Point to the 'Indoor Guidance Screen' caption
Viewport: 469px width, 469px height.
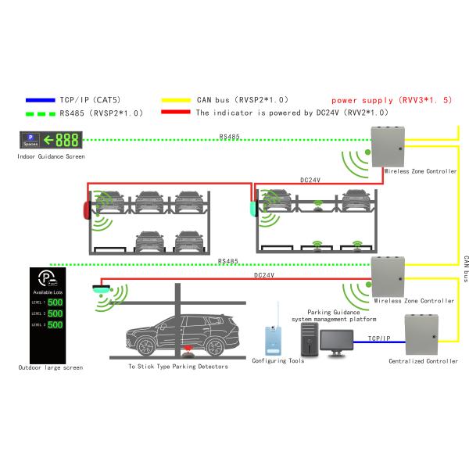tap(51, 156)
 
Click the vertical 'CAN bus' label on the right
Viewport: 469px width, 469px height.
tap(465, 268)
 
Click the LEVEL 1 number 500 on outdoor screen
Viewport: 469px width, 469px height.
tap(55, 303)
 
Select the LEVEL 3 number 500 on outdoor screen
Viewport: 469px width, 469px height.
tap(55, 324)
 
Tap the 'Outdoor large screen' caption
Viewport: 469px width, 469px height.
tap(51, 367)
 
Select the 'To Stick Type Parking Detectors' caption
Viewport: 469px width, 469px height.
tap(178, 366)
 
